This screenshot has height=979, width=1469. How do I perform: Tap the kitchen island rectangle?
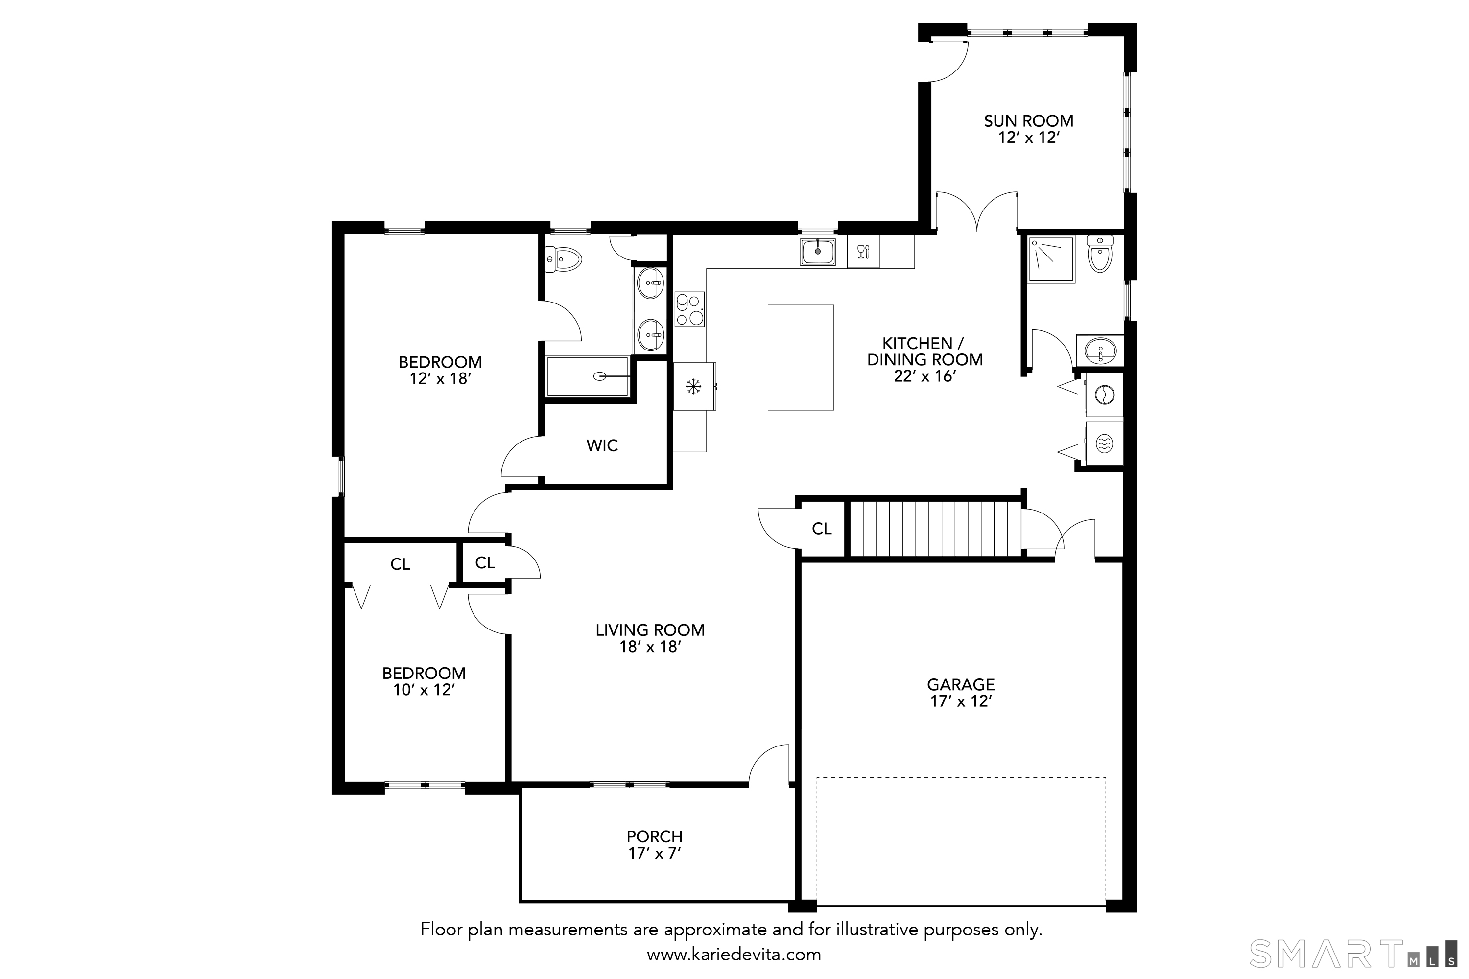tap(801, 357)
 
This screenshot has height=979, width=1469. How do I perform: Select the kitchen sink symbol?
tap(818, 252)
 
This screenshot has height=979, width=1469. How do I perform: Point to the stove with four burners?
tap(689, 310)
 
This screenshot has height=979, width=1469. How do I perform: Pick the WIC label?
tap(602, 445)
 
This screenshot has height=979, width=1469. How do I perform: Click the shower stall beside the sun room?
tap(1052, 260)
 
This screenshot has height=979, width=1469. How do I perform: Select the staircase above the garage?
tap(934, 528)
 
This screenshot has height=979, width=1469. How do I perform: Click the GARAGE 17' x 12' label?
tap(961, 693)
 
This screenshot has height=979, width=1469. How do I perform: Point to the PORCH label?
tap(655, 836)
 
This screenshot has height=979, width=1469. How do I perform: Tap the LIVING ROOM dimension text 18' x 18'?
tap(650, 647)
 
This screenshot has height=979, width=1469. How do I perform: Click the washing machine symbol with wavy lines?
tap(1104, 444)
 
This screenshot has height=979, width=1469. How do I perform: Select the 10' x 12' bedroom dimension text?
tap(424, 690)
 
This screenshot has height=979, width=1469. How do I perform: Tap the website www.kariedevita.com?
tap(733, 955)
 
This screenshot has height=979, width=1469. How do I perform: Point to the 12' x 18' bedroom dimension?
tap(440, 379)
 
